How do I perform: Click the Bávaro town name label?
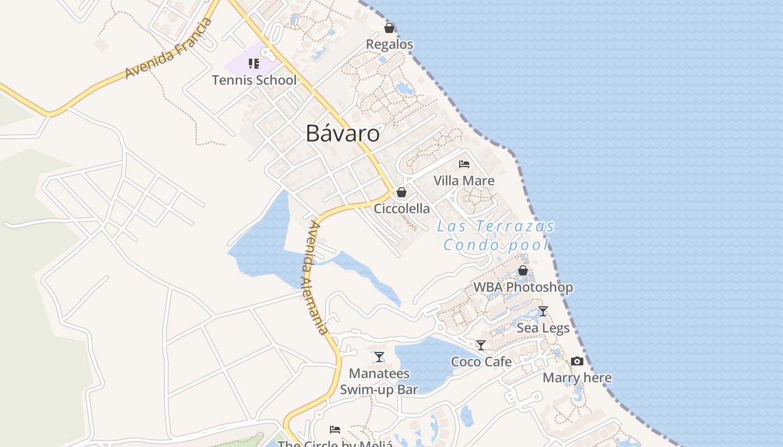[342, 134]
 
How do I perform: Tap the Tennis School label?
[254, 80]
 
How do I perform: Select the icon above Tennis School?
[254, 63]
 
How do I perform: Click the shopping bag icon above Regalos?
[389, 27]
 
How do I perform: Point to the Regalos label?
[389, 44]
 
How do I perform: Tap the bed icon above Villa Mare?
[464, 164]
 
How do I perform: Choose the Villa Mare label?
[464, 180]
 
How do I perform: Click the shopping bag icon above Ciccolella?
[401, 192]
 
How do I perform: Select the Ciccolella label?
[402, 209]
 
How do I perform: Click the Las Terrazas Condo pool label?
[496, 235]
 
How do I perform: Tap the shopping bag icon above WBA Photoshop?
[523, 270]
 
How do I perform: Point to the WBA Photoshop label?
[523, 287]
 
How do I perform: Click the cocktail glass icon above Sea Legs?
[543, 311]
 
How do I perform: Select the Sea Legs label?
[543, 328]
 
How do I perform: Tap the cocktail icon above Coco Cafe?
[480, 345]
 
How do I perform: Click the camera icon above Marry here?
[577, 362]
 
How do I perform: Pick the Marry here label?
[577, 378]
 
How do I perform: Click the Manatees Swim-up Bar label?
[379, 382]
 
